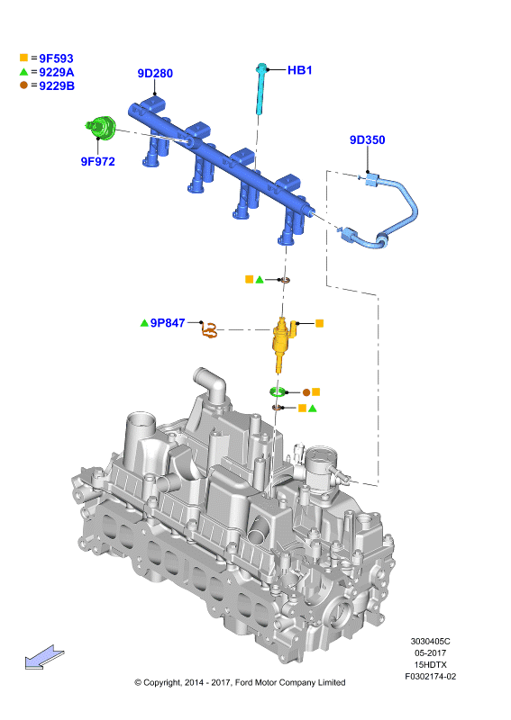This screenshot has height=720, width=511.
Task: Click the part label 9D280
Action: click(155, 74)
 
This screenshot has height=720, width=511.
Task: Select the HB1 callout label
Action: click(299, 70)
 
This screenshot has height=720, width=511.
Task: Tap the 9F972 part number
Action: click(97, 162)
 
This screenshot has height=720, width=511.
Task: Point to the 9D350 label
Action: click(367, 140)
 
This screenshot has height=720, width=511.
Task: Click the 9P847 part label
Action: click(168, 323)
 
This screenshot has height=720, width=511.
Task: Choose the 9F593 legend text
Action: click(56, 58)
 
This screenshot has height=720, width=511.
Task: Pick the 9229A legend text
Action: click(57, 72)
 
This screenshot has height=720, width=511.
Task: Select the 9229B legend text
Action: click(57, 85)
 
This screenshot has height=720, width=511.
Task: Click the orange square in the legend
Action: click(24, 58)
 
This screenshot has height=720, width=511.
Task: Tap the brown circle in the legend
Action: click(24, 85)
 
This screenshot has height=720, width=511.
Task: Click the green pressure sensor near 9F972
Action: click(101, 127)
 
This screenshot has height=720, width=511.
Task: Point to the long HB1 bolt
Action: click(260, 88)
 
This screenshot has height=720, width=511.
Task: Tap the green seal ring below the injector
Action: click(278, 391)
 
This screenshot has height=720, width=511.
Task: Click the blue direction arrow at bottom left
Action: click(44, 657)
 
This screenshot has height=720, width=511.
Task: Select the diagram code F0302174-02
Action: click(431, 677)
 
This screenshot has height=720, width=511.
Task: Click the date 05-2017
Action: click(431, 653)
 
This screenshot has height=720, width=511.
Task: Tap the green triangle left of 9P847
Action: click(144, 323)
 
